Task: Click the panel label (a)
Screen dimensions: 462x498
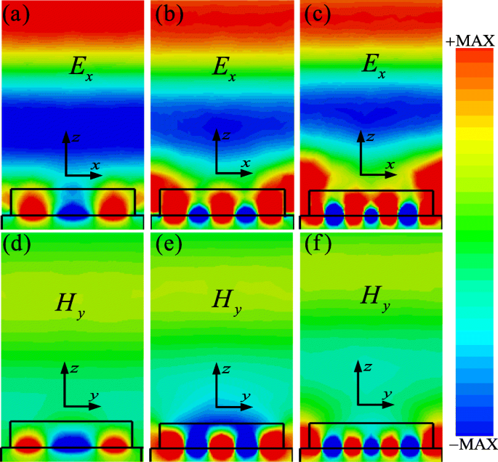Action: tap(15, 15)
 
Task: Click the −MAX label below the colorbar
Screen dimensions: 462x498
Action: tap(470, 444)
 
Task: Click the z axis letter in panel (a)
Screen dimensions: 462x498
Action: tap(75, 136)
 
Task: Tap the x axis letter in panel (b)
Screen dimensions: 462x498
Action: tap(246, 163)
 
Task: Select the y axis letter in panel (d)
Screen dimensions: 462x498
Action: tap(95, 395)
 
